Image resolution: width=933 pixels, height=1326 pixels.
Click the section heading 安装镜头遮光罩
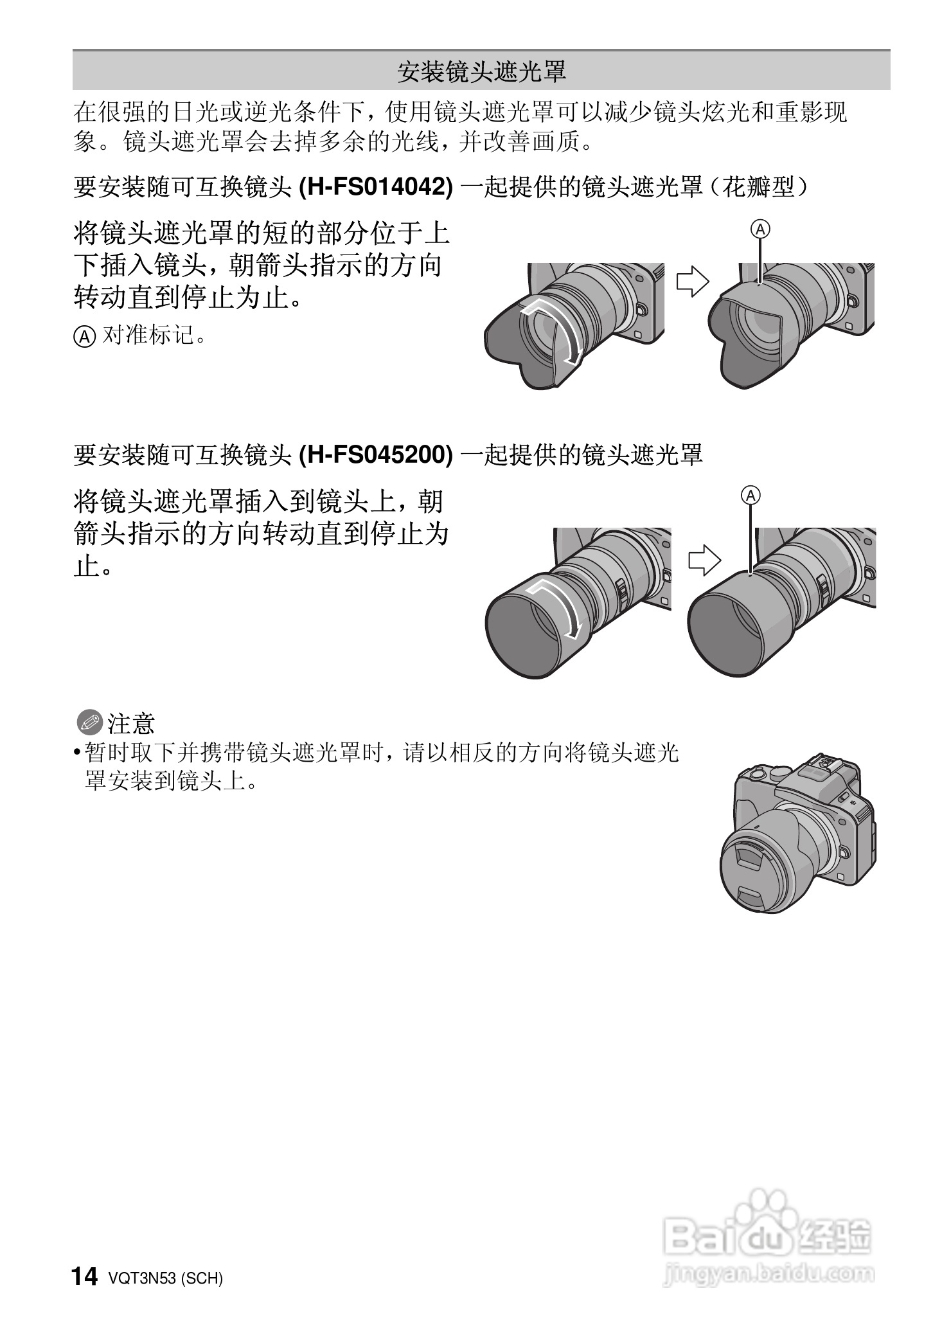click(x=481, y=71)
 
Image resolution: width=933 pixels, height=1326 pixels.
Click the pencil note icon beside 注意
click(x=89, y=722)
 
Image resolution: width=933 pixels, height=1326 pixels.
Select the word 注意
click(x=132, y=723)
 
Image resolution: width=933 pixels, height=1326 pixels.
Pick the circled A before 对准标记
click(x=84, y=336)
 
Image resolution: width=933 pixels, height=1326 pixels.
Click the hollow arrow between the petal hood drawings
click(x=691, y=281)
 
